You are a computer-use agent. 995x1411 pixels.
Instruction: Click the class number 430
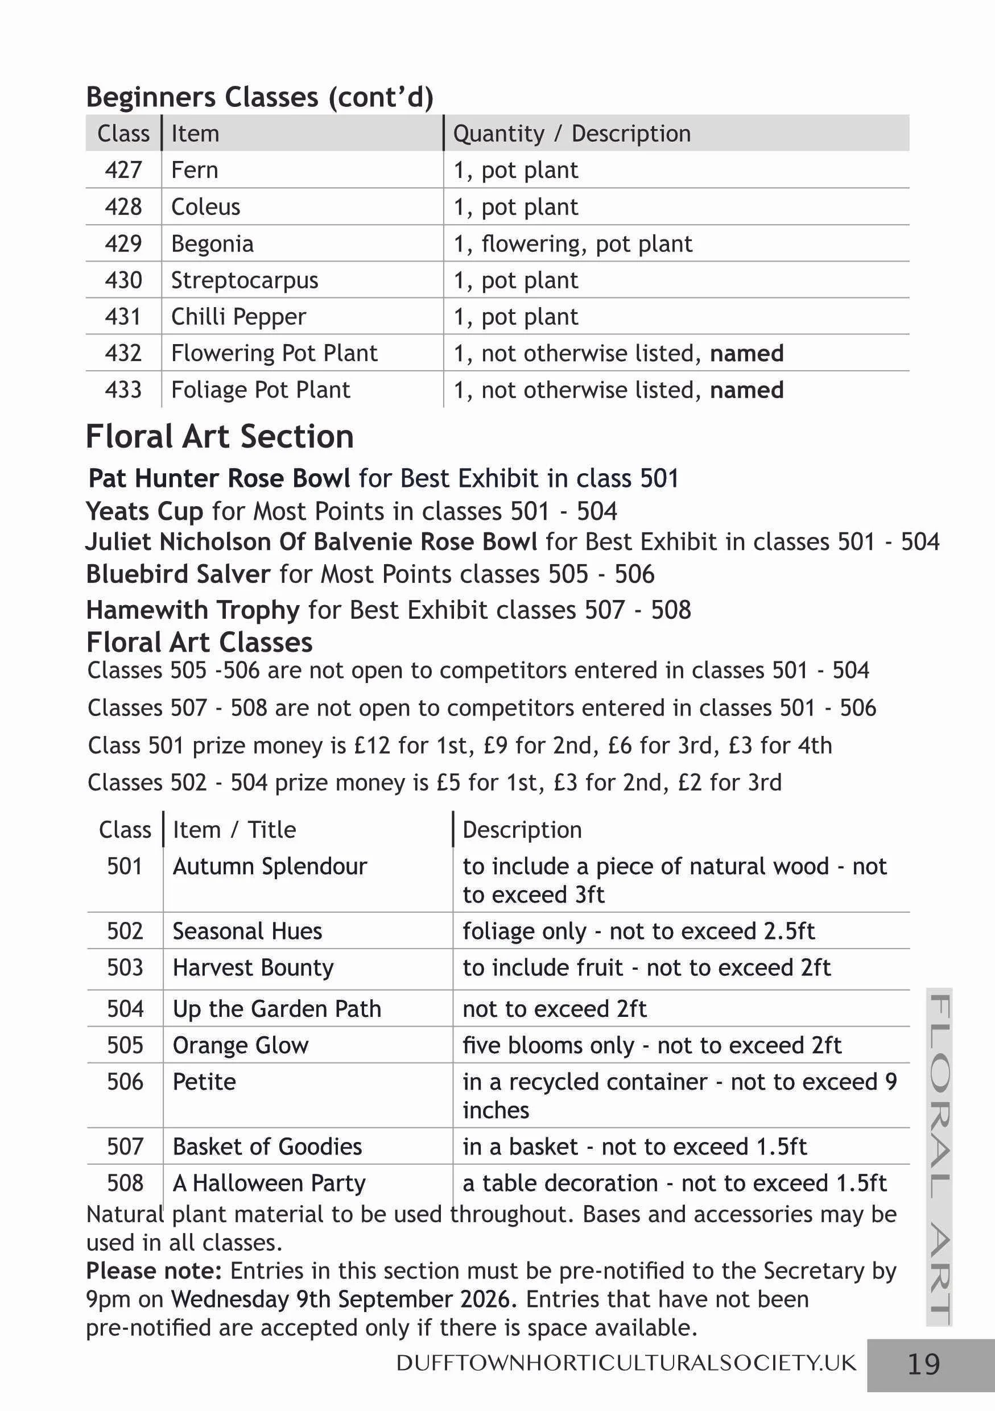(x=123, y=280)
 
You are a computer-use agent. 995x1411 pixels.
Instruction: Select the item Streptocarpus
(x=244, y=280)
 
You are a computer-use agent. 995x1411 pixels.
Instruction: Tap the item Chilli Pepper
(x=238, y=316)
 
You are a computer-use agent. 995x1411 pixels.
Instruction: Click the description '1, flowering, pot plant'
(x=572, y=244)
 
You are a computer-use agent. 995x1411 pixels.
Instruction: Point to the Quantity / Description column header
(x=572, y=133)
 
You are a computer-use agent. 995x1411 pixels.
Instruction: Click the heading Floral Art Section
(x=220, y=436)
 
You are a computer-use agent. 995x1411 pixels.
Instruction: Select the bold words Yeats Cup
(x=144, y=511)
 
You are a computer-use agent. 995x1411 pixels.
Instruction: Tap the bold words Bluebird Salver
(x=177, y=574)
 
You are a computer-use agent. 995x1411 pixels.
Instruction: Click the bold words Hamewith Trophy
(x=192, y=610)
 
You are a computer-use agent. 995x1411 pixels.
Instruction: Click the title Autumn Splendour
(x=269, y=866)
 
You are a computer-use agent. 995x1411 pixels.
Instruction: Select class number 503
(x=125, y=967)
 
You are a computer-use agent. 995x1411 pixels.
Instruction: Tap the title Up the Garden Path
(x=276, y=1008)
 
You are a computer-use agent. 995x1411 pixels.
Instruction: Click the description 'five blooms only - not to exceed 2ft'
(x=651, y=1045)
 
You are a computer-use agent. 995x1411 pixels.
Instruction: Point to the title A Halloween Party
(x=269, y=1182)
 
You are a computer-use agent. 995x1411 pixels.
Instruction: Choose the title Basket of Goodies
(x=267, y=1146)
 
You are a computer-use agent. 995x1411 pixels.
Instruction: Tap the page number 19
(x=923, y=1364)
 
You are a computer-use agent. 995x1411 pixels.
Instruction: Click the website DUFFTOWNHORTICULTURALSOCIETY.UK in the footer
(x=626, y=1363)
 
